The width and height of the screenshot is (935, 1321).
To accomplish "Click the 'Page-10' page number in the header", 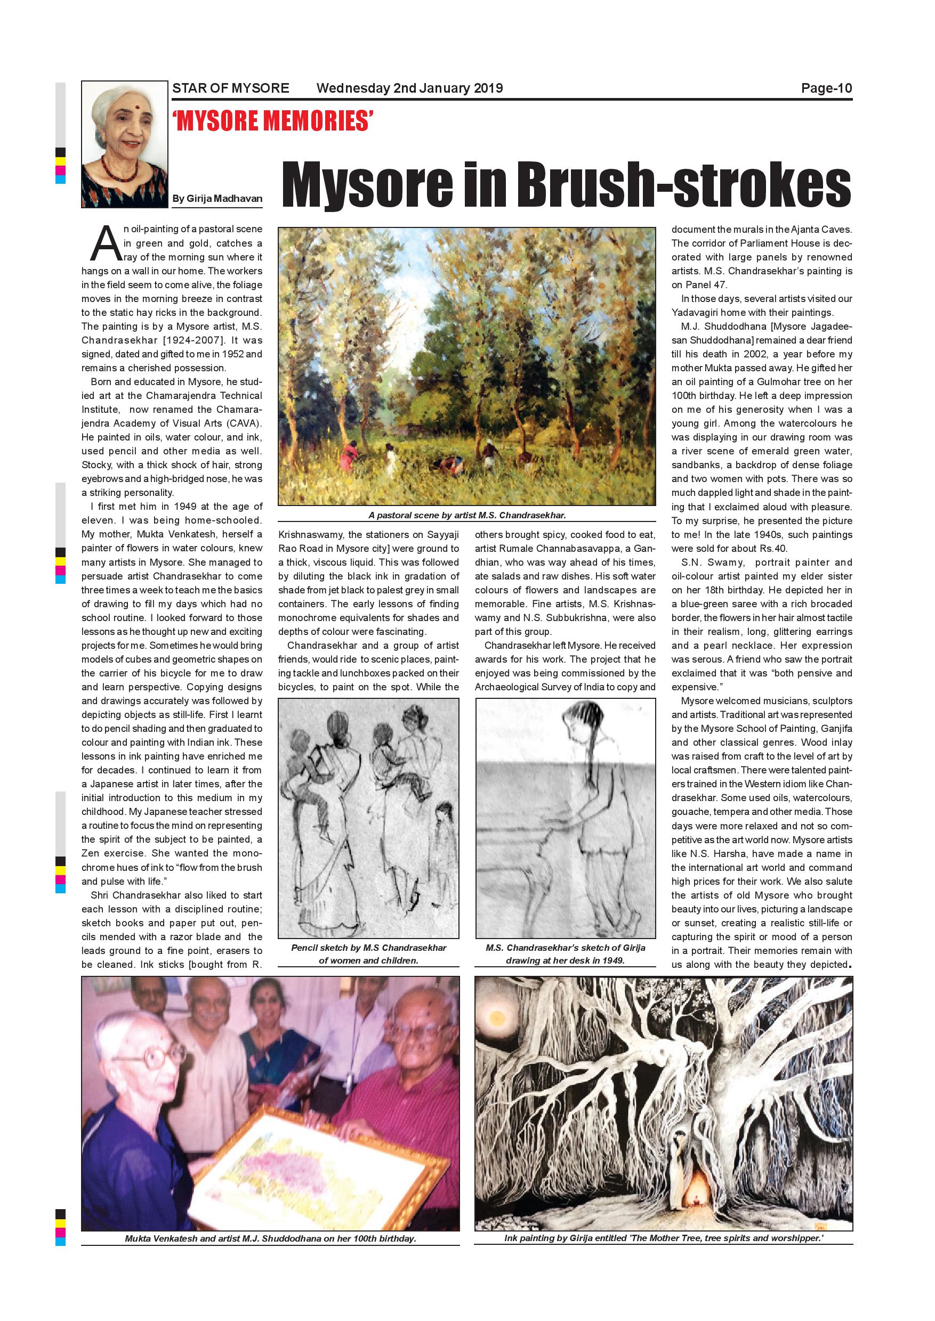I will (x=826, y=88).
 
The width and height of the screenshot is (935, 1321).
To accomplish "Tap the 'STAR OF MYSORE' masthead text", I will (x=230, y=88).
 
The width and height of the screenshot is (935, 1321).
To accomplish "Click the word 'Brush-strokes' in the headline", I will (x=683, y=185).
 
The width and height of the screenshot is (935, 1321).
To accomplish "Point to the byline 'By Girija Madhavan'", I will (x=217, y=199).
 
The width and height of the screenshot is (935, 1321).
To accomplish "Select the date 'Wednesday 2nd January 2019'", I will (x=409, y=88).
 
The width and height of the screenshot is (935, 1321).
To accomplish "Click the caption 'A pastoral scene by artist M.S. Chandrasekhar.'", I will (x=467, y=516).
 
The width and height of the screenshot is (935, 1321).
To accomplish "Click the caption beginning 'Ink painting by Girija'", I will (x=663, y=1238).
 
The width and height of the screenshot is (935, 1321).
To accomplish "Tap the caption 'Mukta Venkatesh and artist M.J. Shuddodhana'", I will (x=270, y=1238).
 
